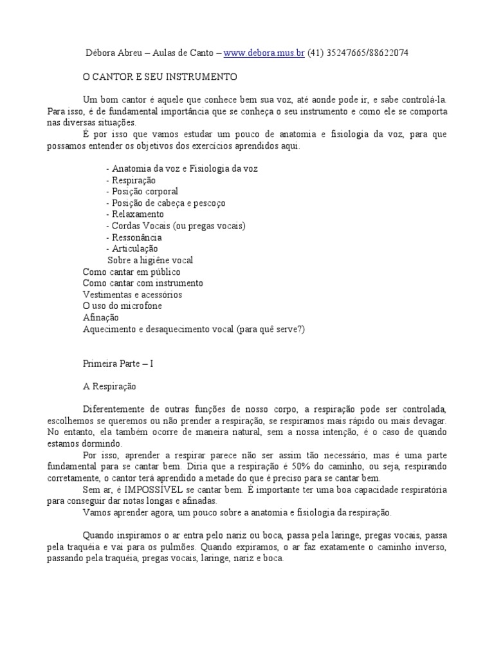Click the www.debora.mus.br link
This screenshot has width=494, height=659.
(x=264, y=53)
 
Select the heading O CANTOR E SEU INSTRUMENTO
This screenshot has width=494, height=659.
(x=160, y=77)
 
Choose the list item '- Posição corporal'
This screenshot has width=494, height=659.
(x=142, y=191)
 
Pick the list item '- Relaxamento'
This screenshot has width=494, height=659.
(x=134, y=214)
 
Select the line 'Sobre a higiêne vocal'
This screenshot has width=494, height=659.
(x=150, y=260)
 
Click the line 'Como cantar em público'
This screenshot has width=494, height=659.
(x=131, y=272)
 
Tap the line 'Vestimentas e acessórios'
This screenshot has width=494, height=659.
(x=133, y=295)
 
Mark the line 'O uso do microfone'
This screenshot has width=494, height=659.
(x=122, y=306)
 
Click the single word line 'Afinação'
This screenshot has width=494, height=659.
(x=101, y=317)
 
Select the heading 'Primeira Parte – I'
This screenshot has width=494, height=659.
(x=118, y=364)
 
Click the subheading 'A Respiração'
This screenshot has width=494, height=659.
(x=109, y=387)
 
